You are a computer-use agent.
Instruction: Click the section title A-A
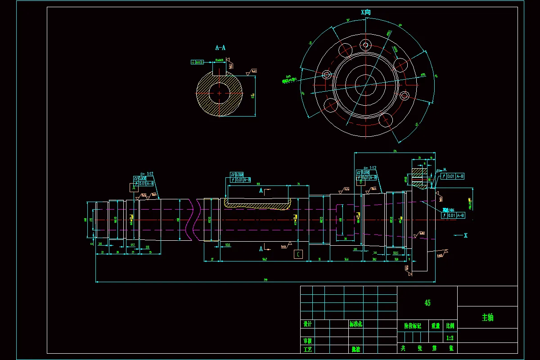pyautogui.click(x=220, y=47)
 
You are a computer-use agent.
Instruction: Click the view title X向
pyautogui.click(x=365, y=13)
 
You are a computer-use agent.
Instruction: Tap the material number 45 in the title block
pyautogui.click(x=427, y=303)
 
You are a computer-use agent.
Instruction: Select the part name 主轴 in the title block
pyautogui.click(x=487, y=317)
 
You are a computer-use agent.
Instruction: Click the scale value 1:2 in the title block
pyautogui.click(x=450, y=337)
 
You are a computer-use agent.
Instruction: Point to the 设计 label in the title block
pyautogui.click(x=308, y=324)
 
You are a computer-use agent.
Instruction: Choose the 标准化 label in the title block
pyautogui.click(x=355, y=324)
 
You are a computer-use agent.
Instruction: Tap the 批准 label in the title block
pyautogui.click(x=355, y=349)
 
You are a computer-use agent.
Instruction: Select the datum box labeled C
pyautogui.click(x=298, y=255)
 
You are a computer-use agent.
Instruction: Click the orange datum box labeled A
pyautogui.click(x=134, y=189)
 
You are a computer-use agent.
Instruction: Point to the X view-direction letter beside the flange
pyautogui.click(x=466, y=235)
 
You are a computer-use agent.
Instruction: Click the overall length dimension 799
pyautogui.click(x=265, y=280)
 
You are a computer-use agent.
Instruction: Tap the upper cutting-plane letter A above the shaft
pyautogui.click(x=261, y=191)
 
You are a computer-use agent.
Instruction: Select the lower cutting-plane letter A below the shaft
pyautogui.click(x=261, y=248)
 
